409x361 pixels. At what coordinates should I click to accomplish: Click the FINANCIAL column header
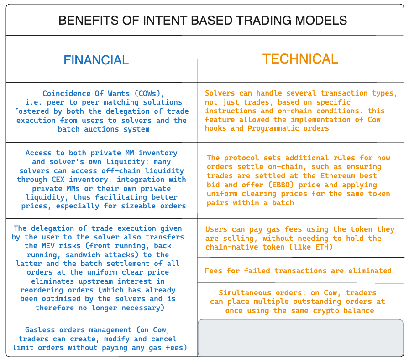(x=96, y=60)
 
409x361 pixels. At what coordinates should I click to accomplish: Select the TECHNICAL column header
(x=300, y=59)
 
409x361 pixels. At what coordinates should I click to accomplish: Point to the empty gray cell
(x=301, y=338)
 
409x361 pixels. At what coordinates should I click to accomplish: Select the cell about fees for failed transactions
(x=298, y=271)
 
